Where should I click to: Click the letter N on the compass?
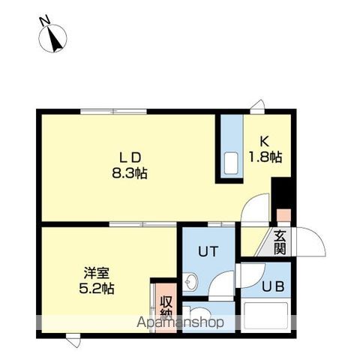click(x=44, y=21)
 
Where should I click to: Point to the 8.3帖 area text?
click(x=129, y=173)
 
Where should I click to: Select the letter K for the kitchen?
click(x=265, y=142)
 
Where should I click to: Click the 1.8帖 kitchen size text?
click(x=265, y=157)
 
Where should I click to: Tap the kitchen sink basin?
click(x=231, y=163)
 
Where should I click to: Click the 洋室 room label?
click(x=97, y=273)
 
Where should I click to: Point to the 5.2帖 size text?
click(x=97, y=289)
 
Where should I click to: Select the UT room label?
click(x=208, y=251)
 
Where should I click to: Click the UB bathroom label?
click(x=273, y=286)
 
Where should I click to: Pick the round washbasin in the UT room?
click(x=190, y=282)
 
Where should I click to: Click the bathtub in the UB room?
click(x=266, y=316)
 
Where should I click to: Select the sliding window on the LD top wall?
click(x=113, y=112)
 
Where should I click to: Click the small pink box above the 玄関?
click(x=283, y=215)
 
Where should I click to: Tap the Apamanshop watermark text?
click(x=180, y=322)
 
